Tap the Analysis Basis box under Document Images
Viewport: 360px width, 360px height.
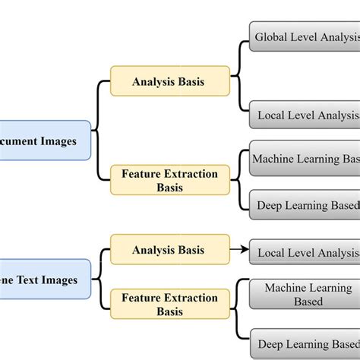click(x=169, y=81)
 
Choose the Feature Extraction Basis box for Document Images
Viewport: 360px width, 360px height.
click(x=169, y=180)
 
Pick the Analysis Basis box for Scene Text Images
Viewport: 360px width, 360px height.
click(x=169, y=249)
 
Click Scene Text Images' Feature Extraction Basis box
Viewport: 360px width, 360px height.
click(x=169, y=304)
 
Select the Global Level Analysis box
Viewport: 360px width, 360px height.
click(x=304, y=36)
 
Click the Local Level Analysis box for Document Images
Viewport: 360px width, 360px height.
click(x=304, y=115)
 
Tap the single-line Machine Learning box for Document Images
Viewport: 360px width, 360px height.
click(x=304, y=159)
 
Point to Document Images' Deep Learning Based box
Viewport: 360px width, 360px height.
click(x=304, y=205)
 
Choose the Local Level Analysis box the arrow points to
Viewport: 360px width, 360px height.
click(x=304, y=252)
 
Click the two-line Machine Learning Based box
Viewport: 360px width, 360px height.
click(x=304, y=295)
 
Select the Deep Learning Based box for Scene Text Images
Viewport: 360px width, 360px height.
click(x=304, y=343)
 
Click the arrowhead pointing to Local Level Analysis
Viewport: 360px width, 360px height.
click(x=244, y=248)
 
